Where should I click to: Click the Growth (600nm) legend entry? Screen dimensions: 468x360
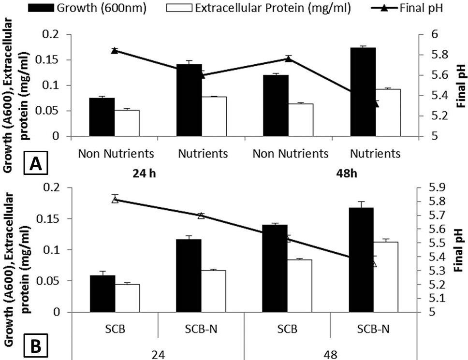click(x=87, y=8)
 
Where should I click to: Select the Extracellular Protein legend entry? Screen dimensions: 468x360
click(x=259, y=8)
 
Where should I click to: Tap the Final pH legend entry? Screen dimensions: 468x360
click(x=407, y=8)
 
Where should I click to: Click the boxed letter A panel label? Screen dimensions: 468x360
click(x=35, y=163)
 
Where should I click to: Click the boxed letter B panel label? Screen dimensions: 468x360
click(x=35, y=346)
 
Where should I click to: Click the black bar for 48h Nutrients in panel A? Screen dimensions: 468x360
click(x=363, y=92)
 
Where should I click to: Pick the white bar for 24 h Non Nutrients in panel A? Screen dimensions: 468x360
click(x=127, y=123)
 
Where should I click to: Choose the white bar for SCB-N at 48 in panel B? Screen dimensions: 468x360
click(x=385, y=277)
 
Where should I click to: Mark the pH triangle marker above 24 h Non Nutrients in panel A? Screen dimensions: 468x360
click(x=115, y=51)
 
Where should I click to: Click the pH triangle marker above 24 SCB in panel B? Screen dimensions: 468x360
click(x=115, y=200)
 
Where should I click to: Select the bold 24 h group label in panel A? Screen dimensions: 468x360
click(x=145, y=173)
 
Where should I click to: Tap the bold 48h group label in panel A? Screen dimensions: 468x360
click(x=347, y=173)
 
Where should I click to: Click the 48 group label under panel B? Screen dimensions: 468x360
click(x=330, y=355)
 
